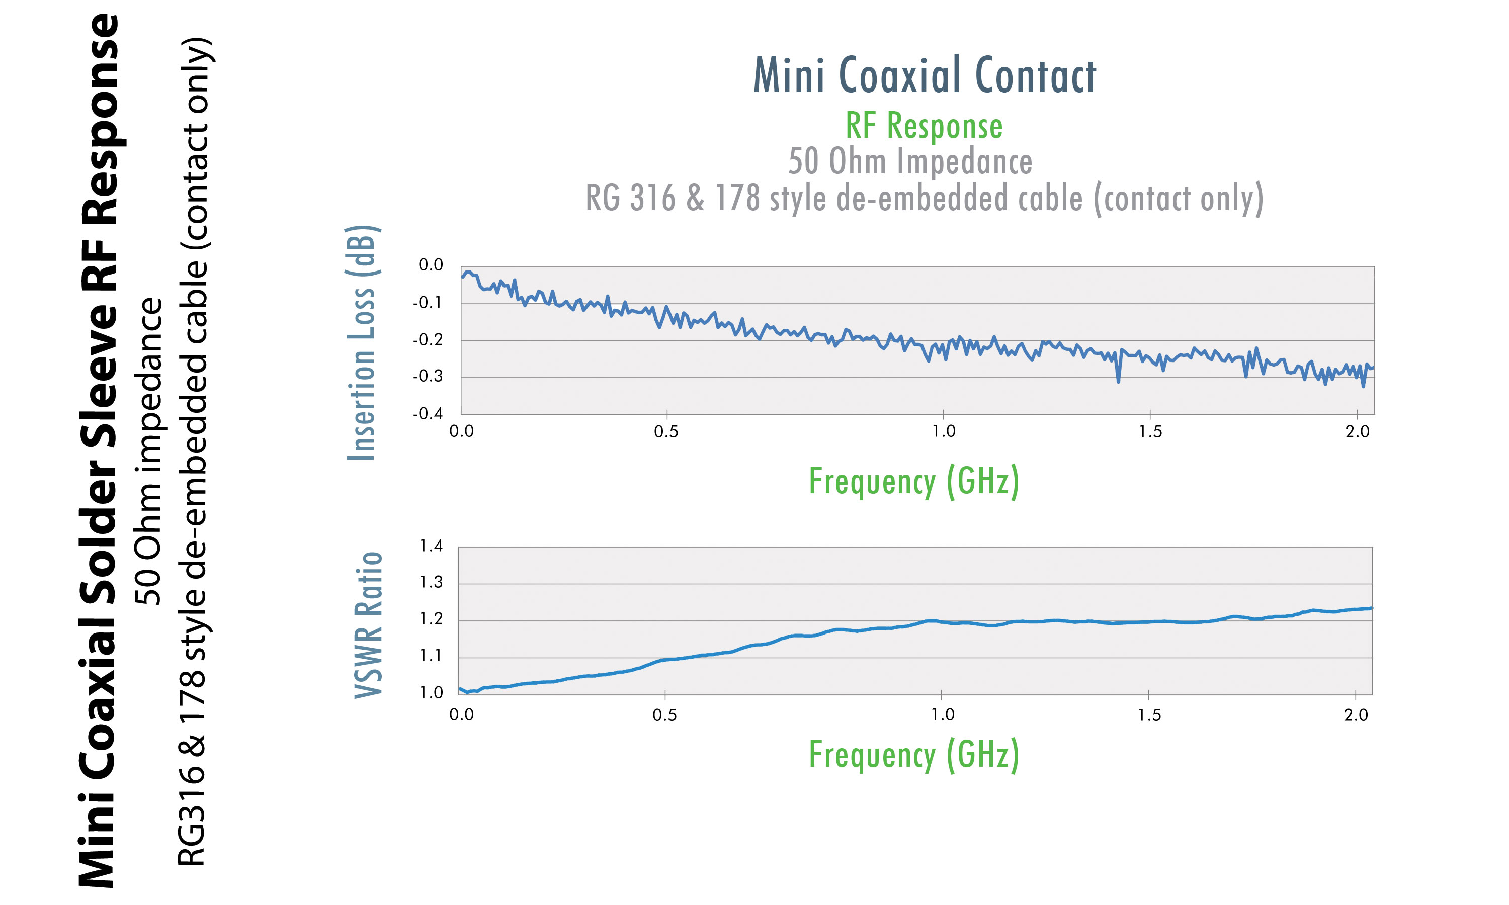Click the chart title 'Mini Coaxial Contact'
[924, 75]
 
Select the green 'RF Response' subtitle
[924, 126]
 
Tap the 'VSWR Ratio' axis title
[368, 625]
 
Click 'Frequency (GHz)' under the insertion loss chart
[913, 481]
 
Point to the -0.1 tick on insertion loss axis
[428, 303]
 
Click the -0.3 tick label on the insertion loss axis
[428, 376]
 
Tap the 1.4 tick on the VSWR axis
[431, 546]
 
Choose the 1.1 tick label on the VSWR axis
[431, 656]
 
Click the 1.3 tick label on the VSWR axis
[431, 582]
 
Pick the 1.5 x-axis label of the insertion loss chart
[1150, 432]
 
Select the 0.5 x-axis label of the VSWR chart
[664, 715]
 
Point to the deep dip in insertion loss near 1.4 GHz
[1118, 381]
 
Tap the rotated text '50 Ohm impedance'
[149, 451]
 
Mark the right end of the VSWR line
[1371, 608]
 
